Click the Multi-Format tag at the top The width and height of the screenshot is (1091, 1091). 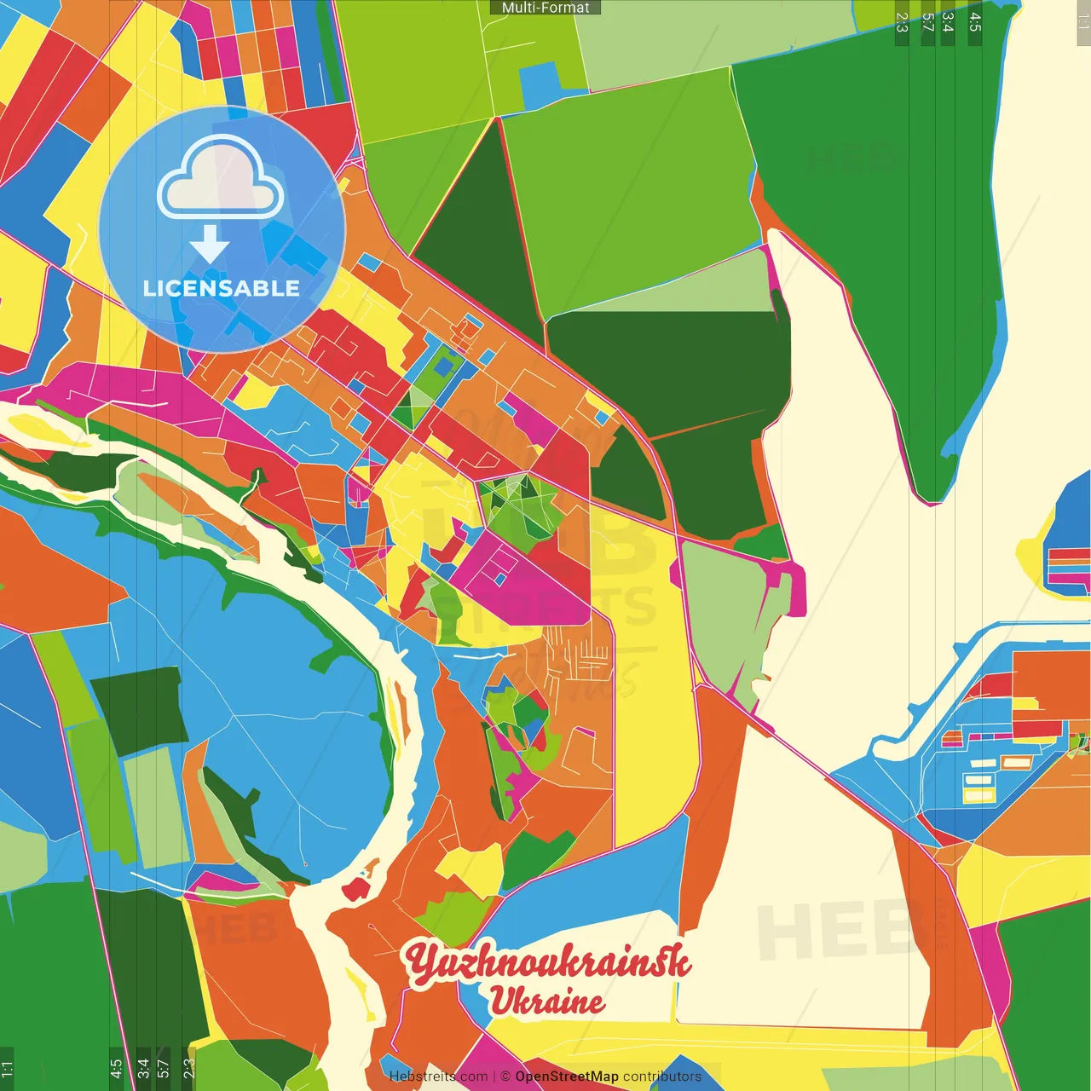click(545, 8)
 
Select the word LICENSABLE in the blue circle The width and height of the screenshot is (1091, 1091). click(222, 288)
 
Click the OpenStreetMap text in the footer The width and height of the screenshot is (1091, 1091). click(566, 1077)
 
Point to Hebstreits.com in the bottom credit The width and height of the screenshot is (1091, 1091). click(438, 1077)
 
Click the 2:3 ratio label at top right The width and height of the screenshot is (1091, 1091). click(902, 22)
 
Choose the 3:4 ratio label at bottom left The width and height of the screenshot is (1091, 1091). click(143, 1068)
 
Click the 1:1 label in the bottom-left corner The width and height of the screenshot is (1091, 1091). click(7, 1068)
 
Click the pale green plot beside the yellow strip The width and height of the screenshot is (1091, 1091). click(724, 614)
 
